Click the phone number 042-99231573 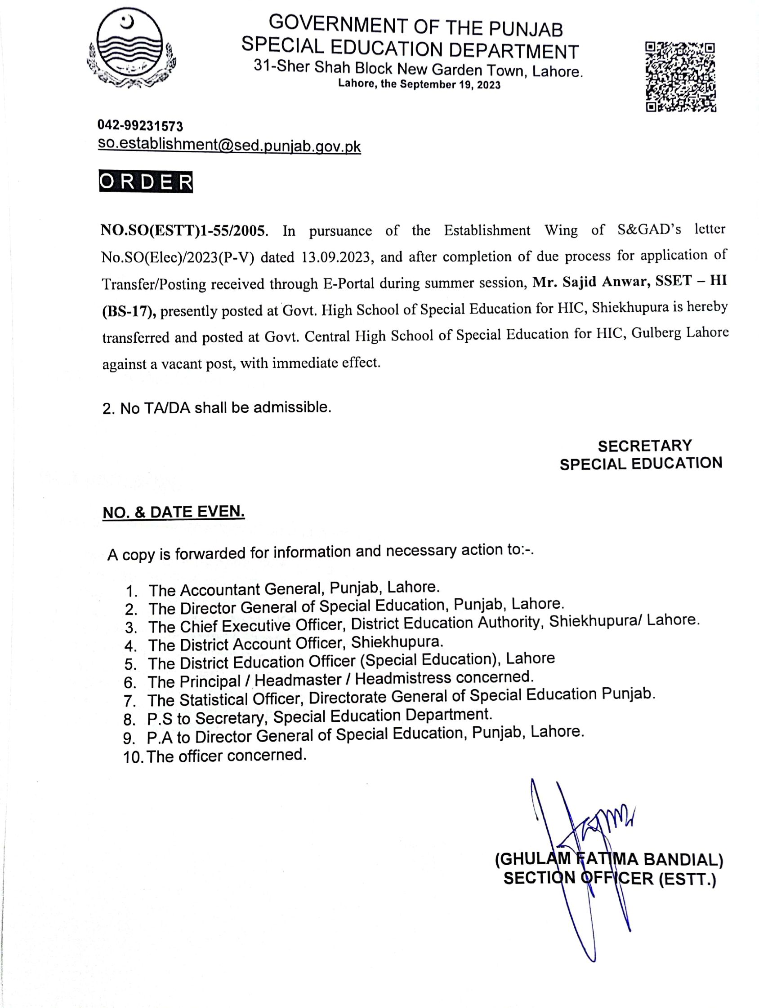coord(140,126)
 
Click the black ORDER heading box coord(146,182)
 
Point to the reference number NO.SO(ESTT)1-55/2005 coord(183,230)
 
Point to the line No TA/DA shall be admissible coord(217,407)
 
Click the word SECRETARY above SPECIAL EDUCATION coord(644,445)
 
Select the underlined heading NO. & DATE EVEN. coord(174,512)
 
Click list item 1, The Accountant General coord(294,589)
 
